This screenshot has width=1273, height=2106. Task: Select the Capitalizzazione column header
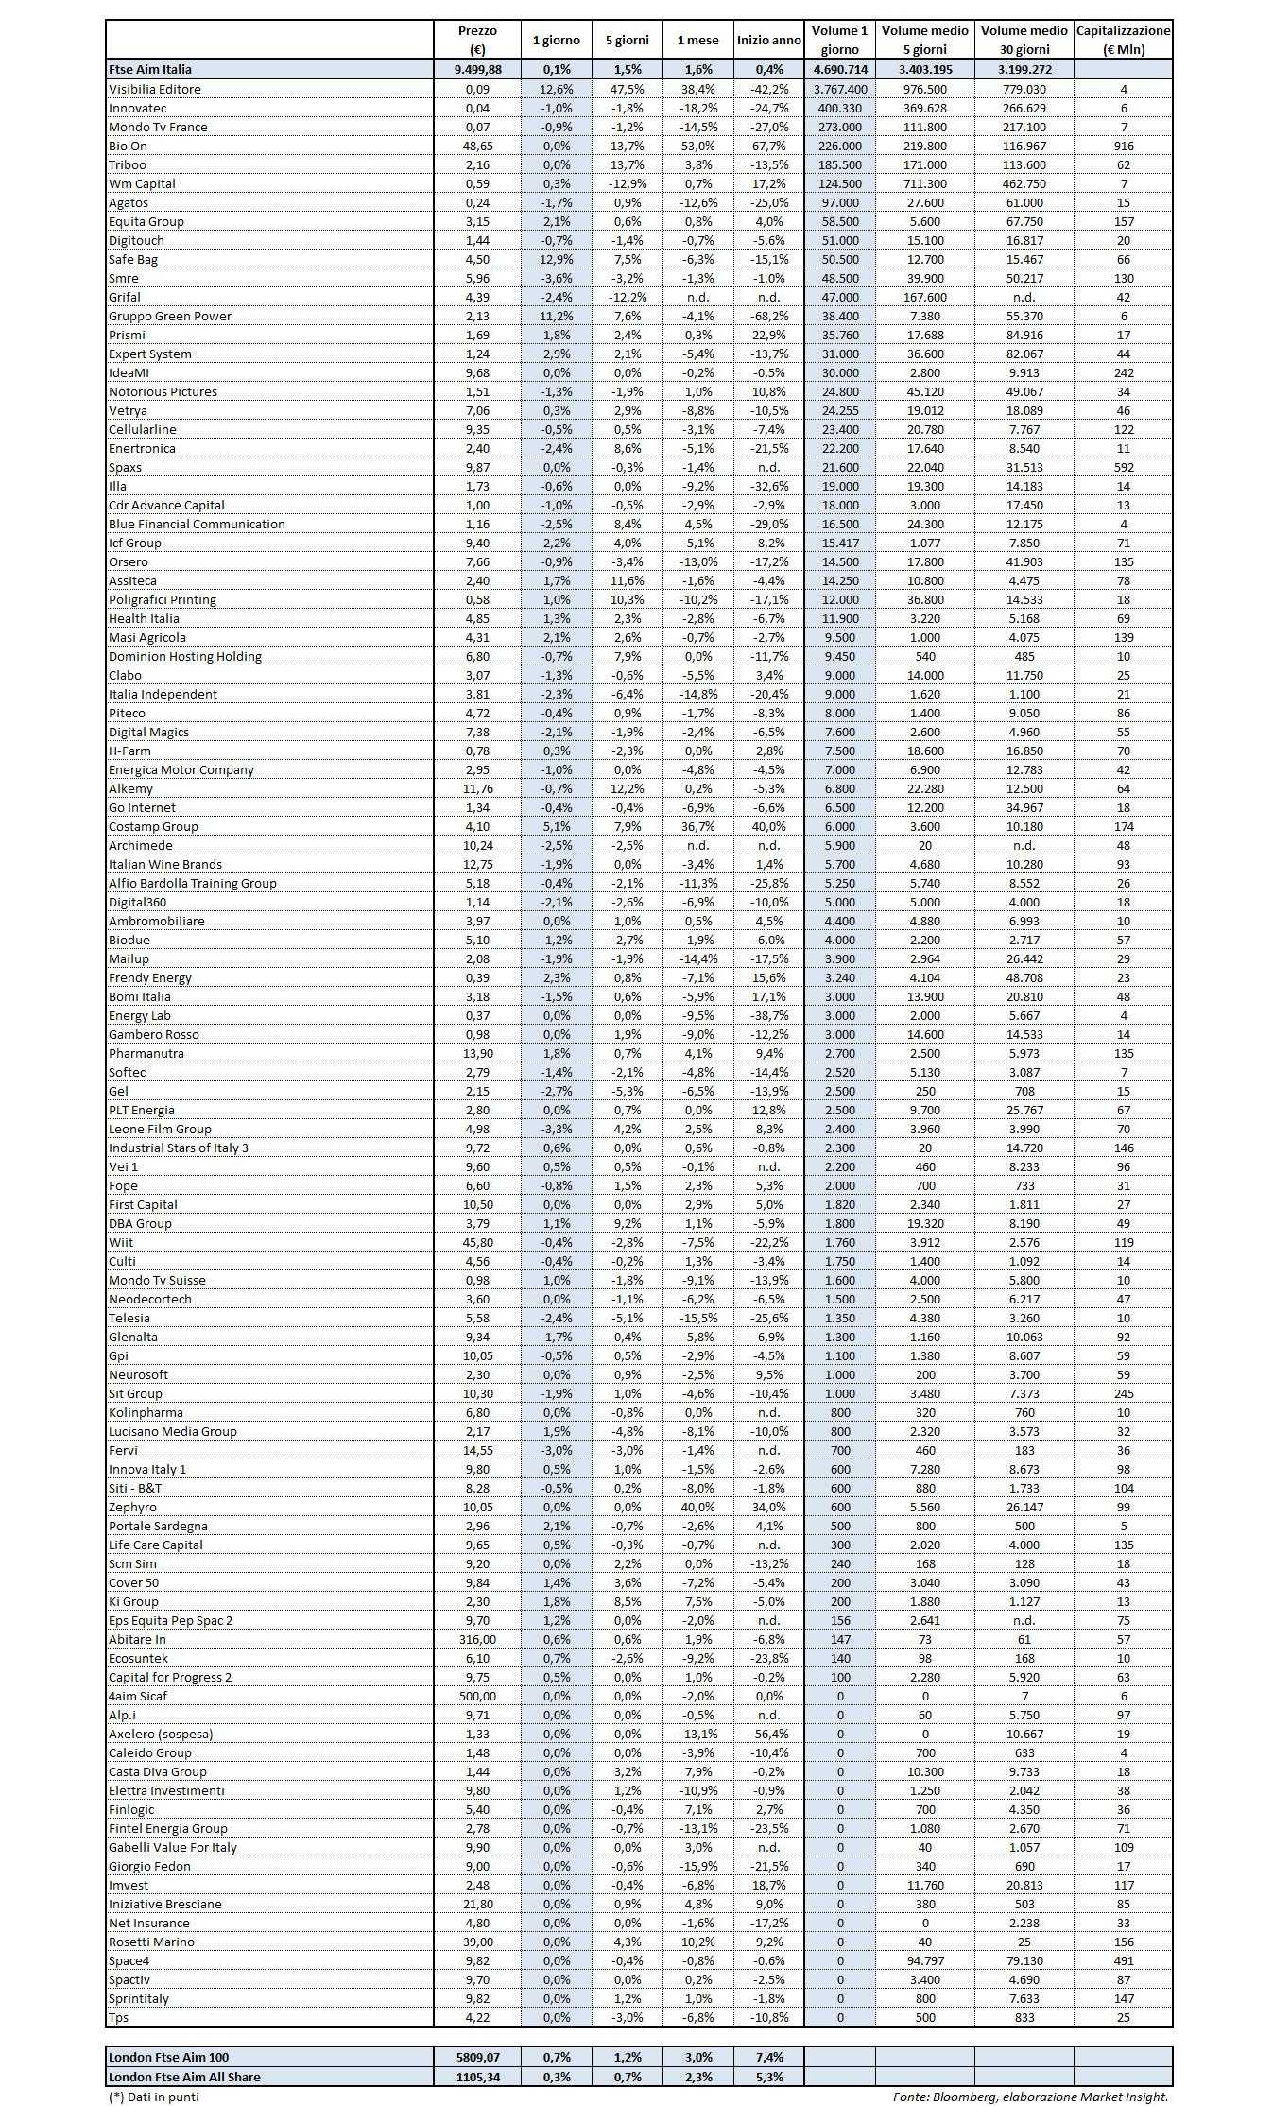(1123, 40)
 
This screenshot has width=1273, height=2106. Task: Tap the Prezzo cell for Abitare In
(477, 1639)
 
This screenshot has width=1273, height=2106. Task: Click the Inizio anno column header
(769, 41)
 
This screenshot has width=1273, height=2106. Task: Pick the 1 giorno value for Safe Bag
(557, 259)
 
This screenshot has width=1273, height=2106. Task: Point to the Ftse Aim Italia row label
(150, 69)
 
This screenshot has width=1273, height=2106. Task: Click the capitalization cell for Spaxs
(1123, 467)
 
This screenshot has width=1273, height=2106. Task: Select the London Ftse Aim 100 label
(169, 2057)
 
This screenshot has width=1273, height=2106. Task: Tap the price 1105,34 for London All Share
(477, 2077)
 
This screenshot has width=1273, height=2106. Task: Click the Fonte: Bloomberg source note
(1030, 2096)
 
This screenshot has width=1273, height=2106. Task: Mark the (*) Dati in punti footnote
(154, 2096)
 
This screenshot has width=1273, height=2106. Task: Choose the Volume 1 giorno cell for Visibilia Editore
(839, 89)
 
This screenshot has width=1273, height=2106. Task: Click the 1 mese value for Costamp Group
(697, 826)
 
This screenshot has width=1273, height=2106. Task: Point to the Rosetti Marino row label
(151, 1942)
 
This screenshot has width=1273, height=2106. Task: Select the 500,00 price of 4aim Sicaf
(477, 1696)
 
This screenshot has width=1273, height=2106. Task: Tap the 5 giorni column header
(628, 41)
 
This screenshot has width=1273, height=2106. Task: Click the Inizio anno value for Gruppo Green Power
(769, 316)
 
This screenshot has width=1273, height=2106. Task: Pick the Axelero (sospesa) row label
(161, 1734)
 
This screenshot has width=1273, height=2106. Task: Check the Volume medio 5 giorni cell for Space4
(924, 1960)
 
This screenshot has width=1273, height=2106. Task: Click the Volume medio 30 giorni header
(1024, 40)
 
